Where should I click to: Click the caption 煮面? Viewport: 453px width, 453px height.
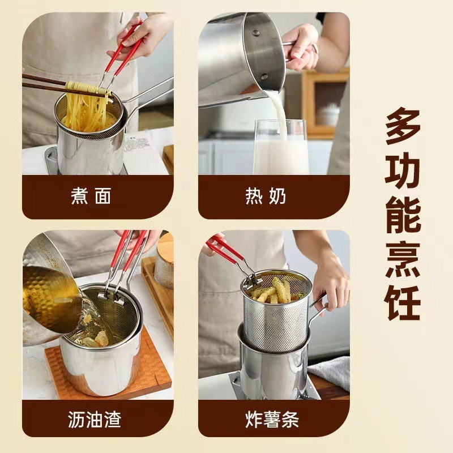91,196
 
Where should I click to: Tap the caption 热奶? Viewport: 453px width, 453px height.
266,196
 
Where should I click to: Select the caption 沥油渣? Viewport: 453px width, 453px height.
95,420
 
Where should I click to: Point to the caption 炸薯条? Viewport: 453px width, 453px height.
272,420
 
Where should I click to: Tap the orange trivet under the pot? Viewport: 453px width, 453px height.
153,374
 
